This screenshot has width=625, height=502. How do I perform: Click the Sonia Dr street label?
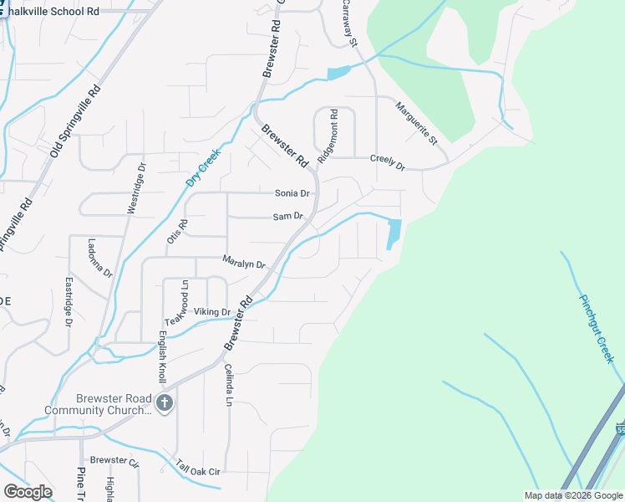pyautogui.click(x=292, y=193)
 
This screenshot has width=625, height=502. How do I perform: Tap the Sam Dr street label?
pyautogui.click(x=287, y=217)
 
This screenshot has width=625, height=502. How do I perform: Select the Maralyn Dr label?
pyautogui.click(x=243, y=263)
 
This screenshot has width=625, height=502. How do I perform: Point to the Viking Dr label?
pyautogui.click(x=212, y=312)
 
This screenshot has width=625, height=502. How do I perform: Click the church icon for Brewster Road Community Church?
pyautogui.click(x=164, y=403)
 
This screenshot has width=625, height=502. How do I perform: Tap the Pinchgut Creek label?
pyautogui.click(x=597, y=327)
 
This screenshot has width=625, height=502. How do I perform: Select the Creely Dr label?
pyautogui.click(x=387, y=162)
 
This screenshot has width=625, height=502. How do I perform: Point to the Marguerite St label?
pyautogui.click(x=415, y=122)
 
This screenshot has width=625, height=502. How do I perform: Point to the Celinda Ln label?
pyautogui.click(x=226, y=385)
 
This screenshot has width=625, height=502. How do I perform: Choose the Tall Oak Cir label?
pyautogui.click(x=197, y=469)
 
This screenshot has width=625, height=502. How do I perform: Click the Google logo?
pyautogui.click(x=28, y=491)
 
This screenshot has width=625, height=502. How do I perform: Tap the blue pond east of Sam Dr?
pyautogui.click(x=394, y=233)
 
